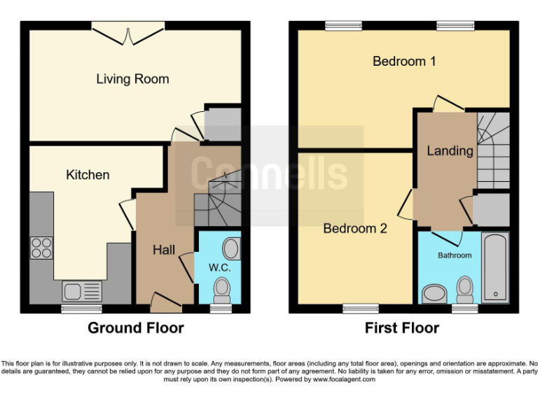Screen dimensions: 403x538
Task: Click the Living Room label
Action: [x=132, y=79]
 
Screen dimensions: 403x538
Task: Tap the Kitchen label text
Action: [x=88, y=174]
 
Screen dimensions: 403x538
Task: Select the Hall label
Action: [x=163, y=250]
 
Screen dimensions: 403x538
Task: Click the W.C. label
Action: [x=219, y=267]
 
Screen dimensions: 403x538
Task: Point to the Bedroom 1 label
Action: [x=404, y=62]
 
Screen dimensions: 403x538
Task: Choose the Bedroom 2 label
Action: [x=355, y=228]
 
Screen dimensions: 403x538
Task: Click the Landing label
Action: [x=450, y=150]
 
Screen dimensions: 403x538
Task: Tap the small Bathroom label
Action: [x=455, y=255]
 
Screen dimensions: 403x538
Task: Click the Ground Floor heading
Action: [x=135, y=327]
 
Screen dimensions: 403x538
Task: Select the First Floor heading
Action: [x=401, y=327]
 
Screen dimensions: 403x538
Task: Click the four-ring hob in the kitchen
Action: [x=41, y=248]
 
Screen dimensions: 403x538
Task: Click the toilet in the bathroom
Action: [x=464, y=288]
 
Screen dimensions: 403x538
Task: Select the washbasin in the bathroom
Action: [x=435, y=293]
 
